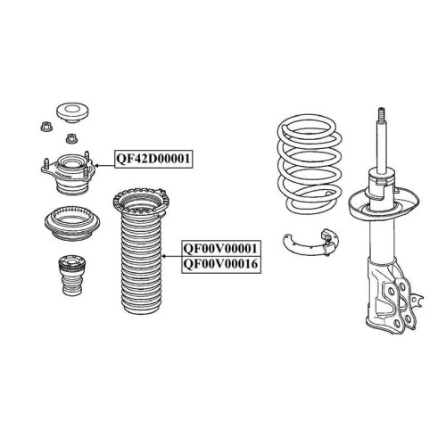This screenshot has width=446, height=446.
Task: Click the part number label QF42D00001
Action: point(153,159)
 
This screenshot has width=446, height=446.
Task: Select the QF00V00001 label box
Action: point(221,249)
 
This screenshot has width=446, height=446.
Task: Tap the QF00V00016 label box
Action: point(221,265)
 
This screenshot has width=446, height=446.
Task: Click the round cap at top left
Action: point(73,112)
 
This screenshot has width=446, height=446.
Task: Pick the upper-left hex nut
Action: point(46,127)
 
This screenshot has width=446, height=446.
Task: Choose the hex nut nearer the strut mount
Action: point(71,138)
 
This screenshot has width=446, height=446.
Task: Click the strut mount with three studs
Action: point(69,173)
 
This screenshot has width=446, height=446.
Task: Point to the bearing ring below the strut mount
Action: point(72,223)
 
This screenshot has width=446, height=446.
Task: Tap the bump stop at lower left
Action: point(72,275)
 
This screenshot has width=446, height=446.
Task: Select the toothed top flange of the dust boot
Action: point(141,201)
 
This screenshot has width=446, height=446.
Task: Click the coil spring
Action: point(310,163)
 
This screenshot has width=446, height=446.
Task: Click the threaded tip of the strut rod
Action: point(382,115)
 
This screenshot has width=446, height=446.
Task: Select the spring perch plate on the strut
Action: point(384,204)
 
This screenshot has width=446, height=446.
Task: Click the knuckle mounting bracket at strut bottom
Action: point(390,296)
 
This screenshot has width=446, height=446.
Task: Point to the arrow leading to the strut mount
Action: point(104,166)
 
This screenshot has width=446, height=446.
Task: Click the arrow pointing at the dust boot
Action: point(171,256)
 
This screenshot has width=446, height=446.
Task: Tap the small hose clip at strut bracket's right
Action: point(417,300)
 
